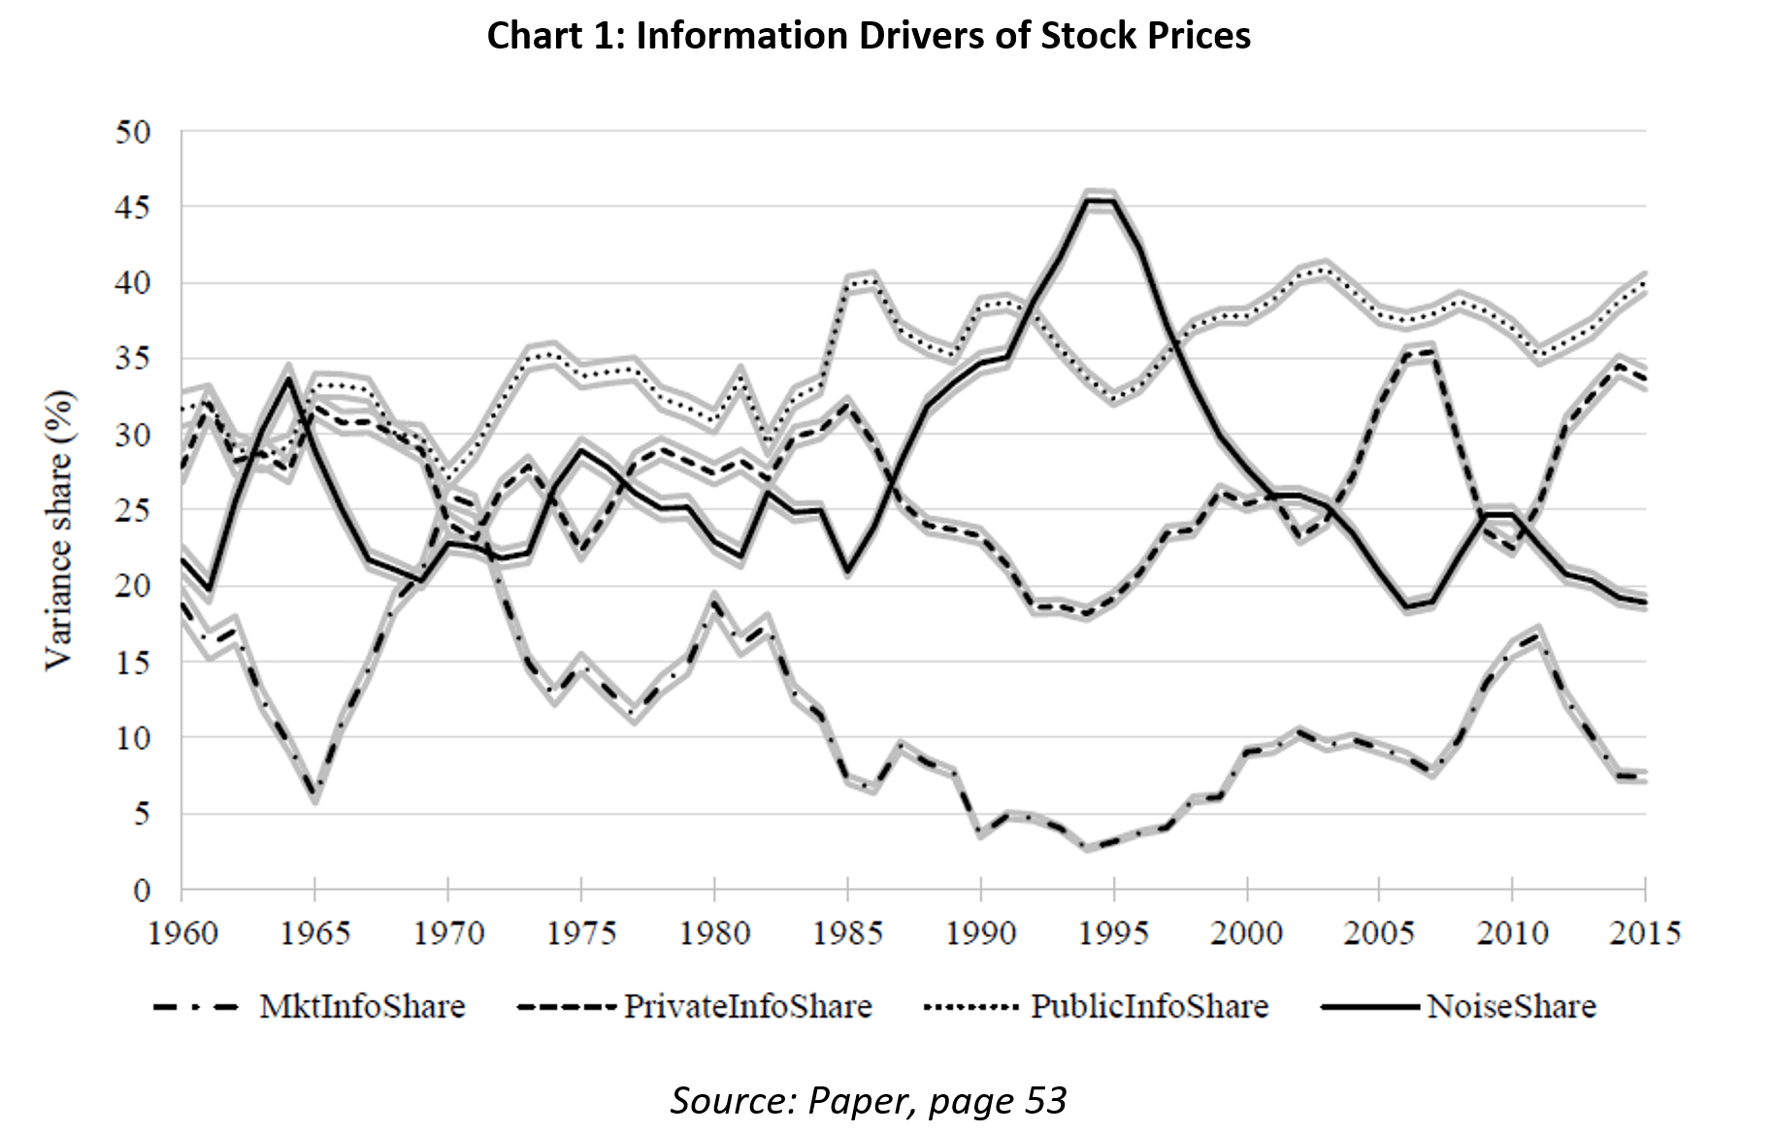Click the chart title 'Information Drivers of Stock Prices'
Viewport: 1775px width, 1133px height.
(869, 36)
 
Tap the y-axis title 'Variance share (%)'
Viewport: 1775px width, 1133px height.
(58, 530)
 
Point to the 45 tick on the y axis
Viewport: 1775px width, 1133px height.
(133, 208)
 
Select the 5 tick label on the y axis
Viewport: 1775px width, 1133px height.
(142, 814)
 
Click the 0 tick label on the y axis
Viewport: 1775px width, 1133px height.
(142, 890)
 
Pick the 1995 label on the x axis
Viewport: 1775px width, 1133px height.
(1113, 933)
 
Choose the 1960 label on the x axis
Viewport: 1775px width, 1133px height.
(182, 933)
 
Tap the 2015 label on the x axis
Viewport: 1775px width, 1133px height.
(1644, 933)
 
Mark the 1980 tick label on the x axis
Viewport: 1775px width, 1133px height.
(714, 933)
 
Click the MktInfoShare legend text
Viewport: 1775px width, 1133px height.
(362, 1007)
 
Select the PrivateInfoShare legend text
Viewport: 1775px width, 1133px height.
(747, 1007)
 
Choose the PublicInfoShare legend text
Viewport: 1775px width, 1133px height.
(1149, 1007)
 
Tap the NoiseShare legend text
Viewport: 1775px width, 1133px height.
(1511, 1007)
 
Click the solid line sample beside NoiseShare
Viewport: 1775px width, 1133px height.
(1369, 1007)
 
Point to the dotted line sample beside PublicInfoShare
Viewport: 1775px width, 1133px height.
(971, 1007)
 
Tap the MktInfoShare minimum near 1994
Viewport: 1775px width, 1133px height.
(1088, 848)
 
